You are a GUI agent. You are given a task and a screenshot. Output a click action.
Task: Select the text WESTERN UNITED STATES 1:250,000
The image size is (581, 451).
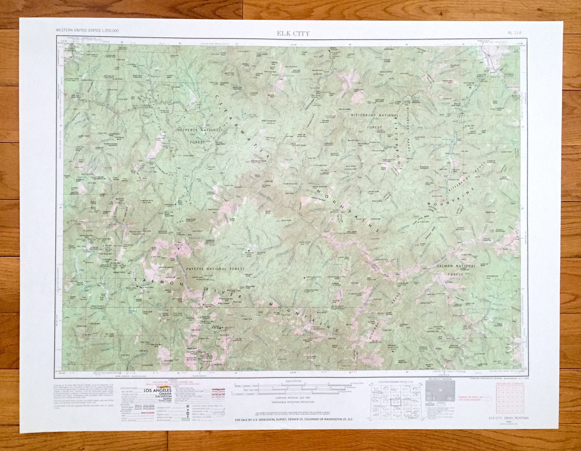click(x=87, y=31)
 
